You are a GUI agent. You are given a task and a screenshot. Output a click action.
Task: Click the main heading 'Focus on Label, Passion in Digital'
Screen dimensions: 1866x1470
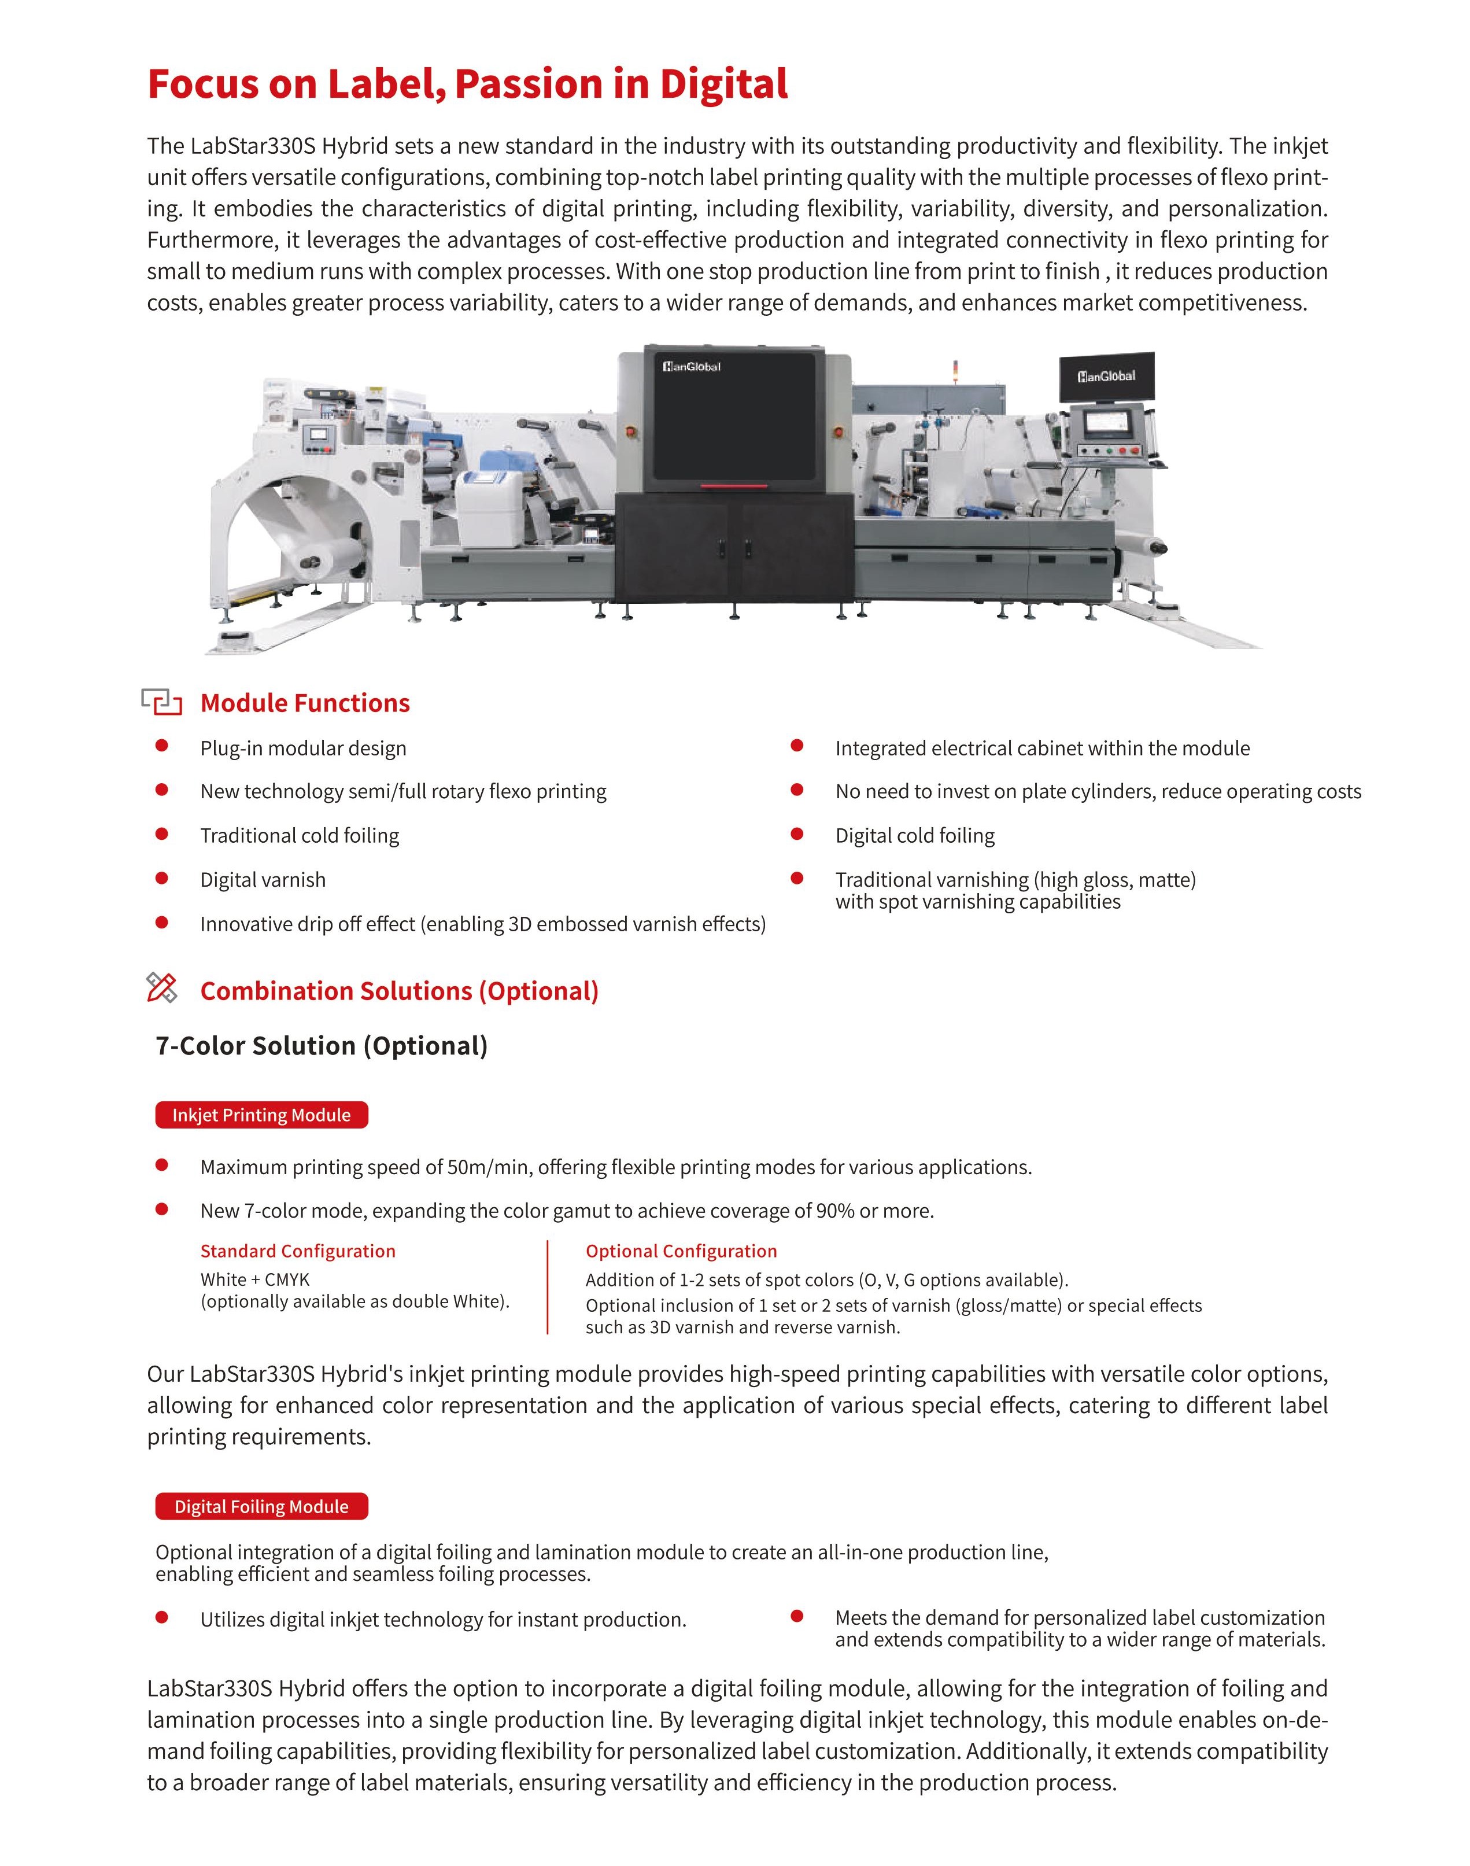[x=467, y=84]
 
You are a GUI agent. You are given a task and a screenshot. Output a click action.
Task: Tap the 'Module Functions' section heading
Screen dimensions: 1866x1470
[x=305, y=703]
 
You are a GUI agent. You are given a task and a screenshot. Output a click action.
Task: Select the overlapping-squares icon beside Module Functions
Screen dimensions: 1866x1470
[x=162, y=702]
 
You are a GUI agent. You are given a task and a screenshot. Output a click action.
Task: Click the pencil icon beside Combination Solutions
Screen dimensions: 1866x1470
[x=162, y=988]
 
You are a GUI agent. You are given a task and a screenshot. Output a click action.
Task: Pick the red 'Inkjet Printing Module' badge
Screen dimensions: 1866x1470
[x=261, y=1115]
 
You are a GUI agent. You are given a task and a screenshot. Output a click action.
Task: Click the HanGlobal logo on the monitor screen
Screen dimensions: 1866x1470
[x=1106, y=376]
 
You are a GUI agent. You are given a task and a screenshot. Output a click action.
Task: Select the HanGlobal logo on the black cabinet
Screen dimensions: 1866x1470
[x=691, y=367]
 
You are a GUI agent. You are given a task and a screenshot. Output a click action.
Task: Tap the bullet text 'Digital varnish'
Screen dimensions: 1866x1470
[x=263, y=880]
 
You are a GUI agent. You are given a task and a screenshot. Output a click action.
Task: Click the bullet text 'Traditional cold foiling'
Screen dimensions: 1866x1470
[x=300, y=836]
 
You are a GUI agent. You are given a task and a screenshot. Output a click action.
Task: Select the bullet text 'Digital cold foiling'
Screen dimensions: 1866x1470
[x=914, y=836]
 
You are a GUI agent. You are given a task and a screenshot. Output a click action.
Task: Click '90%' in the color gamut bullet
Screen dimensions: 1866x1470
[x=835, y=1211]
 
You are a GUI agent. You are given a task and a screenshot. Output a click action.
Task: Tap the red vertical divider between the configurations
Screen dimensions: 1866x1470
[x=548, y=1288]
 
